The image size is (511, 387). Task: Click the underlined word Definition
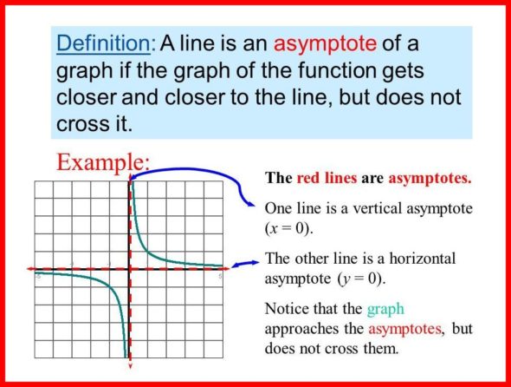coord(104,43)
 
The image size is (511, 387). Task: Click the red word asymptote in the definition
coord(325,44)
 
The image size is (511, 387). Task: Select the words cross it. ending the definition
coord(94,124)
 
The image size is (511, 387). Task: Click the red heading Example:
coord(103,162)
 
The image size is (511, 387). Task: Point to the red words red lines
coord(327,178)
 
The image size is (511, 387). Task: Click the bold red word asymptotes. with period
coord(430,179)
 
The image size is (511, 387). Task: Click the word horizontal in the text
coord(423,259)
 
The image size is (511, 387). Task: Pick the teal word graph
coord(385,309)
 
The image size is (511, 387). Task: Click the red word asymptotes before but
coord(405,329)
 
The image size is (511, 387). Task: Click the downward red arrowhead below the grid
coord(131,365)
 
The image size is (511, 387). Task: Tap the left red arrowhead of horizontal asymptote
coord(30,269)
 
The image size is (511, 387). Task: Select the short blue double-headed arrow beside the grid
coord(245,264)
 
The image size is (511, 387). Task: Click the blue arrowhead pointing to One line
coord(250,205)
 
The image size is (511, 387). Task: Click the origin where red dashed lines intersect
coord(130,269)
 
